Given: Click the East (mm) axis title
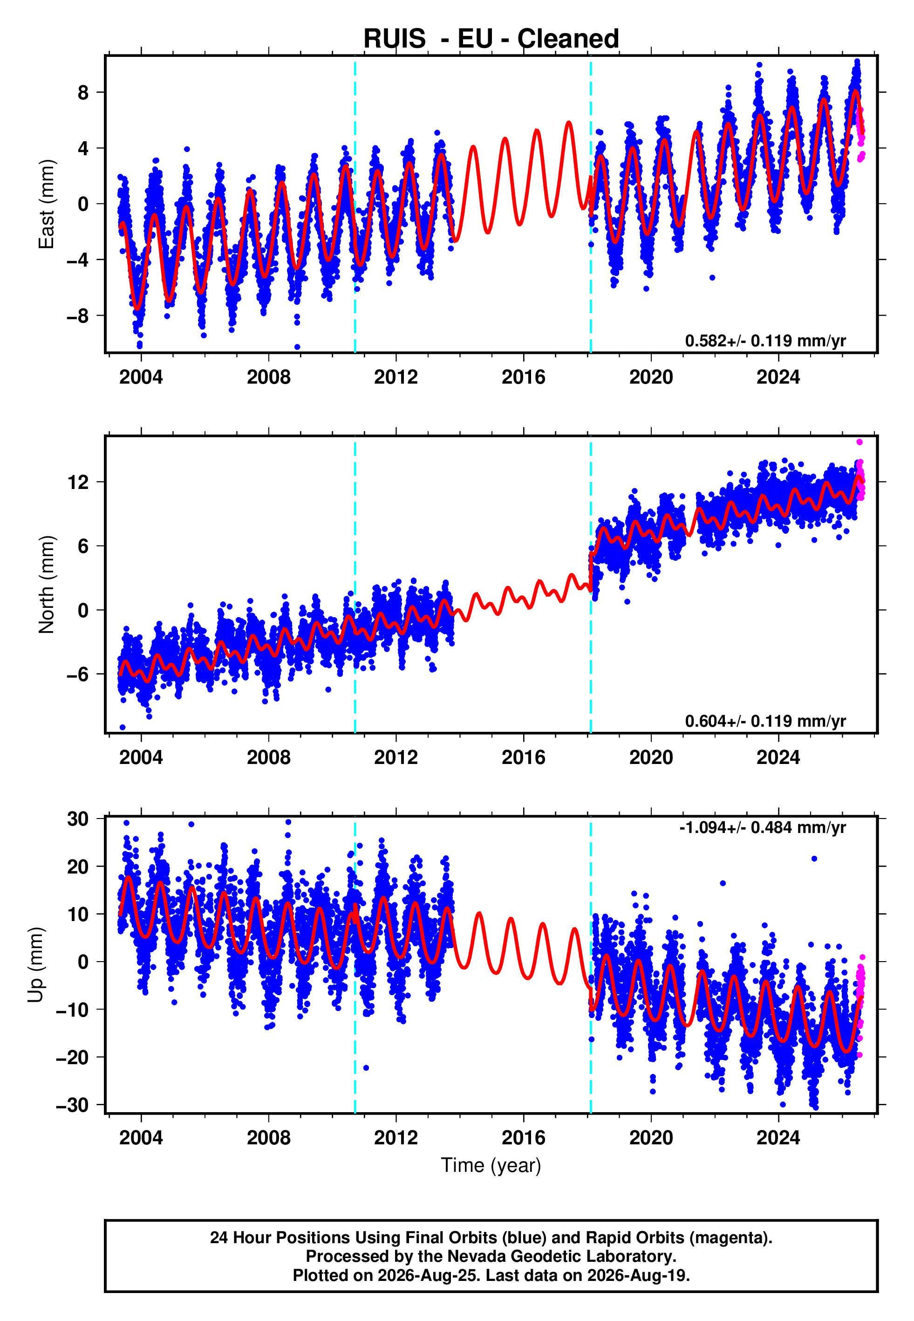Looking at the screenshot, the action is (x=47, y=204).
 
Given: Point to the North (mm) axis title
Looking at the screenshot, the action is (x=47, y=585).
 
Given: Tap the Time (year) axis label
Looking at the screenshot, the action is (x=491, y=1165).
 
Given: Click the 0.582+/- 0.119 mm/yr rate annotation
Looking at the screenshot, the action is (x=765, y=341).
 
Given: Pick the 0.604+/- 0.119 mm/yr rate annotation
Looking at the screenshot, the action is (x=765, y=721).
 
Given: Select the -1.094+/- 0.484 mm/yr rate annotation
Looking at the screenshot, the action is (x=762, y=827).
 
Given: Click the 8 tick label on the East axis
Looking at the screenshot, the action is (x=83, y=92).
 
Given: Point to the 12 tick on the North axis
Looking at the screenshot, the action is (x=78, y=482).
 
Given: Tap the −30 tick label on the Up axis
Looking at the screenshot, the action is (x=72, y=1104).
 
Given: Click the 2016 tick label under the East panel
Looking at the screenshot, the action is (x=524, y=377).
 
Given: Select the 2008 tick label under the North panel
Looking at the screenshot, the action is (x=269, y=757).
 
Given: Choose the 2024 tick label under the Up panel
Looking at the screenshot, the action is (x=778, y=1137).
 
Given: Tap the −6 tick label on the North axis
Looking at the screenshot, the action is (x=78, y=674).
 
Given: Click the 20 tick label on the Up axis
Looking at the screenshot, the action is (x=78, y=866).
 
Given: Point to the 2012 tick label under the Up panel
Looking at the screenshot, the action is (x=396, y=1137).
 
